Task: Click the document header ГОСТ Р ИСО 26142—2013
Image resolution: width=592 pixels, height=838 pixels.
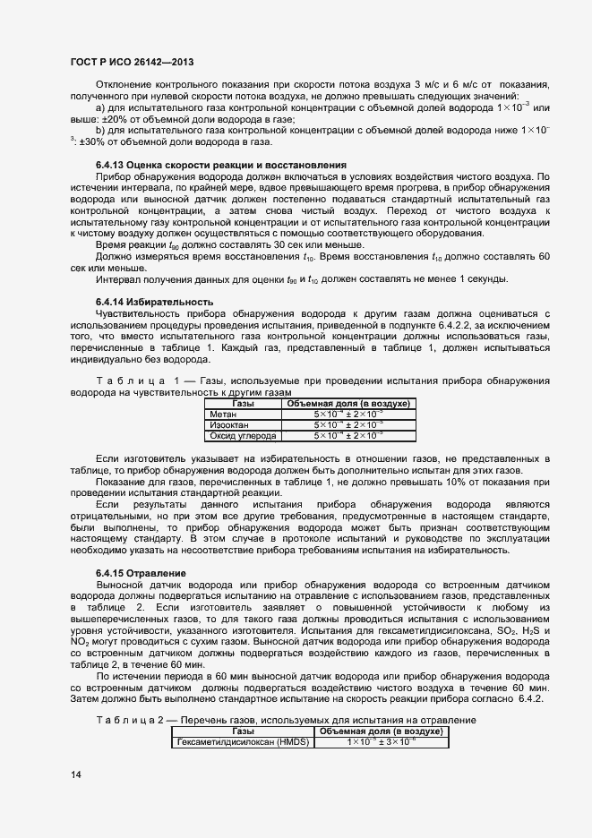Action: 132,63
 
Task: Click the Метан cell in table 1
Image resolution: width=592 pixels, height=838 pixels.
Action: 221,415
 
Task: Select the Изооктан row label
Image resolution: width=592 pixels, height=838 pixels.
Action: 227,425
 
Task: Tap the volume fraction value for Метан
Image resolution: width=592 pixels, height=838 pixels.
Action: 347,415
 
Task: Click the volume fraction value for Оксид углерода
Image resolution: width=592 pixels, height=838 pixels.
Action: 347,436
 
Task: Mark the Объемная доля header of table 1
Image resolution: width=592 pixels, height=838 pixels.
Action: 347,404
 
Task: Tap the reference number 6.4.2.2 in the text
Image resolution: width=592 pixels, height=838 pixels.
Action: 463,326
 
